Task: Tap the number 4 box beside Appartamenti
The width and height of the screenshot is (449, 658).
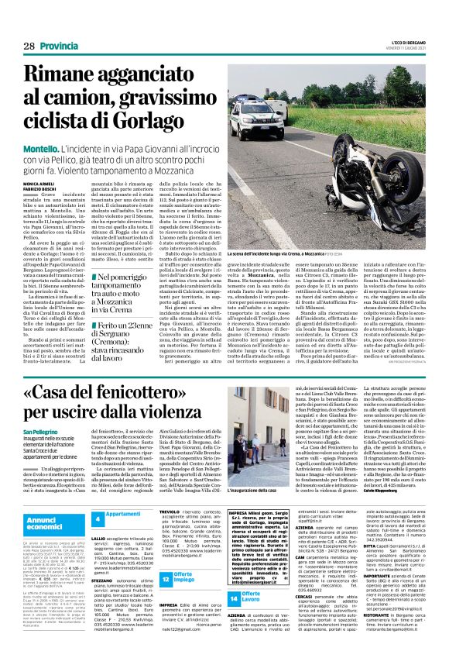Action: [x=98, y=518]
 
